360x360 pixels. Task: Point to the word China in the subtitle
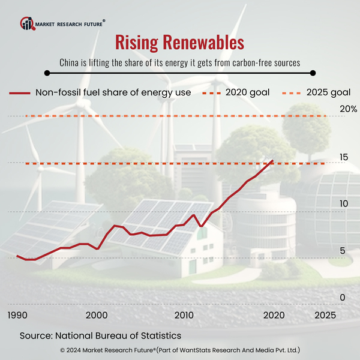pyautogui.click(x=71, y=62)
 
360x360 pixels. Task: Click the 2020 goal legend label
pyautogui.click(x=248, y=92)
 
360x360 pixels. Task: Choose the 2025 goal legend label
pyautogui.click(x=328, y=92)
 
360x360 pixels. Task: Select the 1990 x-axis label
pyautogui.click(x=17, y=315)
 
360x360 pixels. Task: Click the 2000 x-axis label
pyautogui.click(x=96, y=315)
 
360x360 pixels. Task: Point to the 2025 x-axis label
pyautogui.click(x=325, y=315)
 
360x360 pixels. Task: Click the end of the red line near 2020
pyautogui.click(x=273, y=161)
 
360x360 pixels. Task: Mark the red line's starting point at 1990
pyautogui.click(x=17, y=256)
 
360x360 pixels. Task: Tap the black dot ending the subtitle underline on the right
pyautogui.click(x=312, y=73)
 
